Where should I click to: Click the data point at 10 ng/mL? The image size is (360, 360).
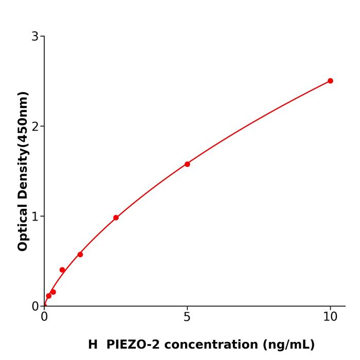[x=330, y=81]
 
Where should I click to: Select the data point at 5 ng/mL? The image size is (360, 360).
[x=187, y=164]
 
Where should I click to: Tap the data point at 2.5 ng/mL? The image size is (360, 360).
[x=116, y=218]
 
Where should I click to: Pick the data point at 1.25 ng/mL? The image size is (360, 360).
[x=80, y=255]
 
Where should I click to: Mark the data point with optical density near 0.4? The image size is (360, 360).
[x=62, y=270]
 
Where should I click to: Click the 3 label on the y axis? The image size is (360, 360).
[x=35, y=37]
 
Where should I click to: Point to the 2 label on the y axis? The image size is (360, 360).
[x=35, y=127]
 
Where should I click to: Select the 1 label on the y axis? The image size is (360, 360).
[x=35, y=217]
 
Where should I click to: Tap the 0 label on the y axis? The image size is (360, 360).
[x=35, y=307]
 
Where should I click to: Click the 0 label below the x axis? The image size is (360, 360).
[x=44, y=317]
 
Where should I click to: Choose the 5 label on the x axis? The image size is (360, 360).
[x=187, y=317]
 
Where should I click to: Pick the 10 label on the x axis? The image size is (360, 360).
[x=330, y=317]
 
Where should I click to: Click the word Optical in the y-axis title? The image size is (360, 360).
[x=23, y=226]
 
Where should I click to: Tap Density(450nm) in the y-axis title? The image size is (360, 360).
[x=23, y=145]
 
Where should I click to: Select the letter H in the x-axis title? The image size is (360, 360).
[x=93, y=345]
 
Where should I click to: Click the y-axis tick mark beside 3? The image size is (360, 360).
[x=42, y=36]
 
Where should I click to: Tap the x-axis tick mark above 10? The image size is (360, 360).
[x=330, y=308]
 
